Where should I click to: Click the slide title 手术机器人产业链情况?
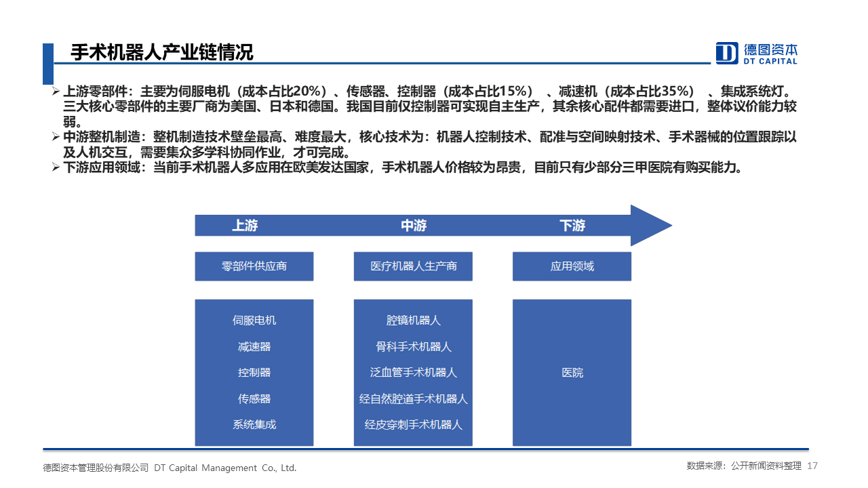coord(162,52)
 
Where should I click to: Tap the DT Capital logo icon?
coord(726,53)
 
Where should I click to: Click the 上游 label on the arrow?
coord(245,226)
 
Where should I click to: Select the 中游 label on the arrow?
coord(414,226)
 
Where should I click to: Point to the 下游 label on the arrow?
coord(572,226)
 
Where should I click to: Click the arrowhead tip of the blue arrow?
coord(672,226)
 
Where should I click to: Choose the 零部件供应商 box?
coord(254,266)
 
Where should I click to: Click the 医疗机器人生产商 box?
coord(413,266)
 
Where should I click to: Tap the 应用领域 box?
coord(572,266)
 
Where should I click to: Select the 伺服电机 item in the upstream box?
coord(254,321)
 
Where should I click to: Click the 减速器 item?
coord(254,346)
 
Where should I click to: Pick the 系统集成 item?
coord(254,424)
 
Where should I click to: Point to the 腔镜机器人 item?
coord(414,321)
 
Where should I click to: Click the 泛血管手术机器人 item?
coord(414,373)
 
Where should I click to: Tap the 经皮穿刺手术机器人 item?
coord(414,424)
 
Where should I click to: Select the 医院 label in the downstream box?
coord(572,373)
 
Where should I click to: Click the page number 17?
coord(812,466)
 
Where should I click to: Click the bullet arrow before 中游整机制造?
coord(56,137)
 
